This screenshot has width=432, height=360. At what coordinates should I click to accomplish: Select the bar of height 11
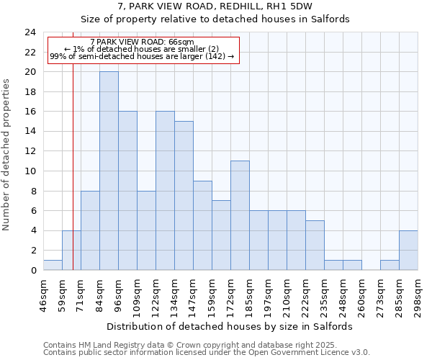tap(240, 215)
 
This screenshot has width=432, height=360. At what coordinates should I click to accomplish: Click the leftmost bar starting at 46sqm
tap(53, 265)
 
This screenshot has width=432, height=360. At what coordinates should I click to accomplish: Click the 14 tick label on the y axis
tap(30, 132)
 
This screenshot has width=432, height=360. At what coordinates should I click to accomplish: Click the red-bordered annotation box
tap(143, 49)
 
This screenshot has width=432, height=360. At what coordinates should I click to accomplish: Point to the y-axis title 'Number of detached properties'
tap(7, 156)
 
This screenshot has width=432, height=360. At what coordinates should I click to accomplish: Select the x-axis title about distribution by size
tap(235, 326)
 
